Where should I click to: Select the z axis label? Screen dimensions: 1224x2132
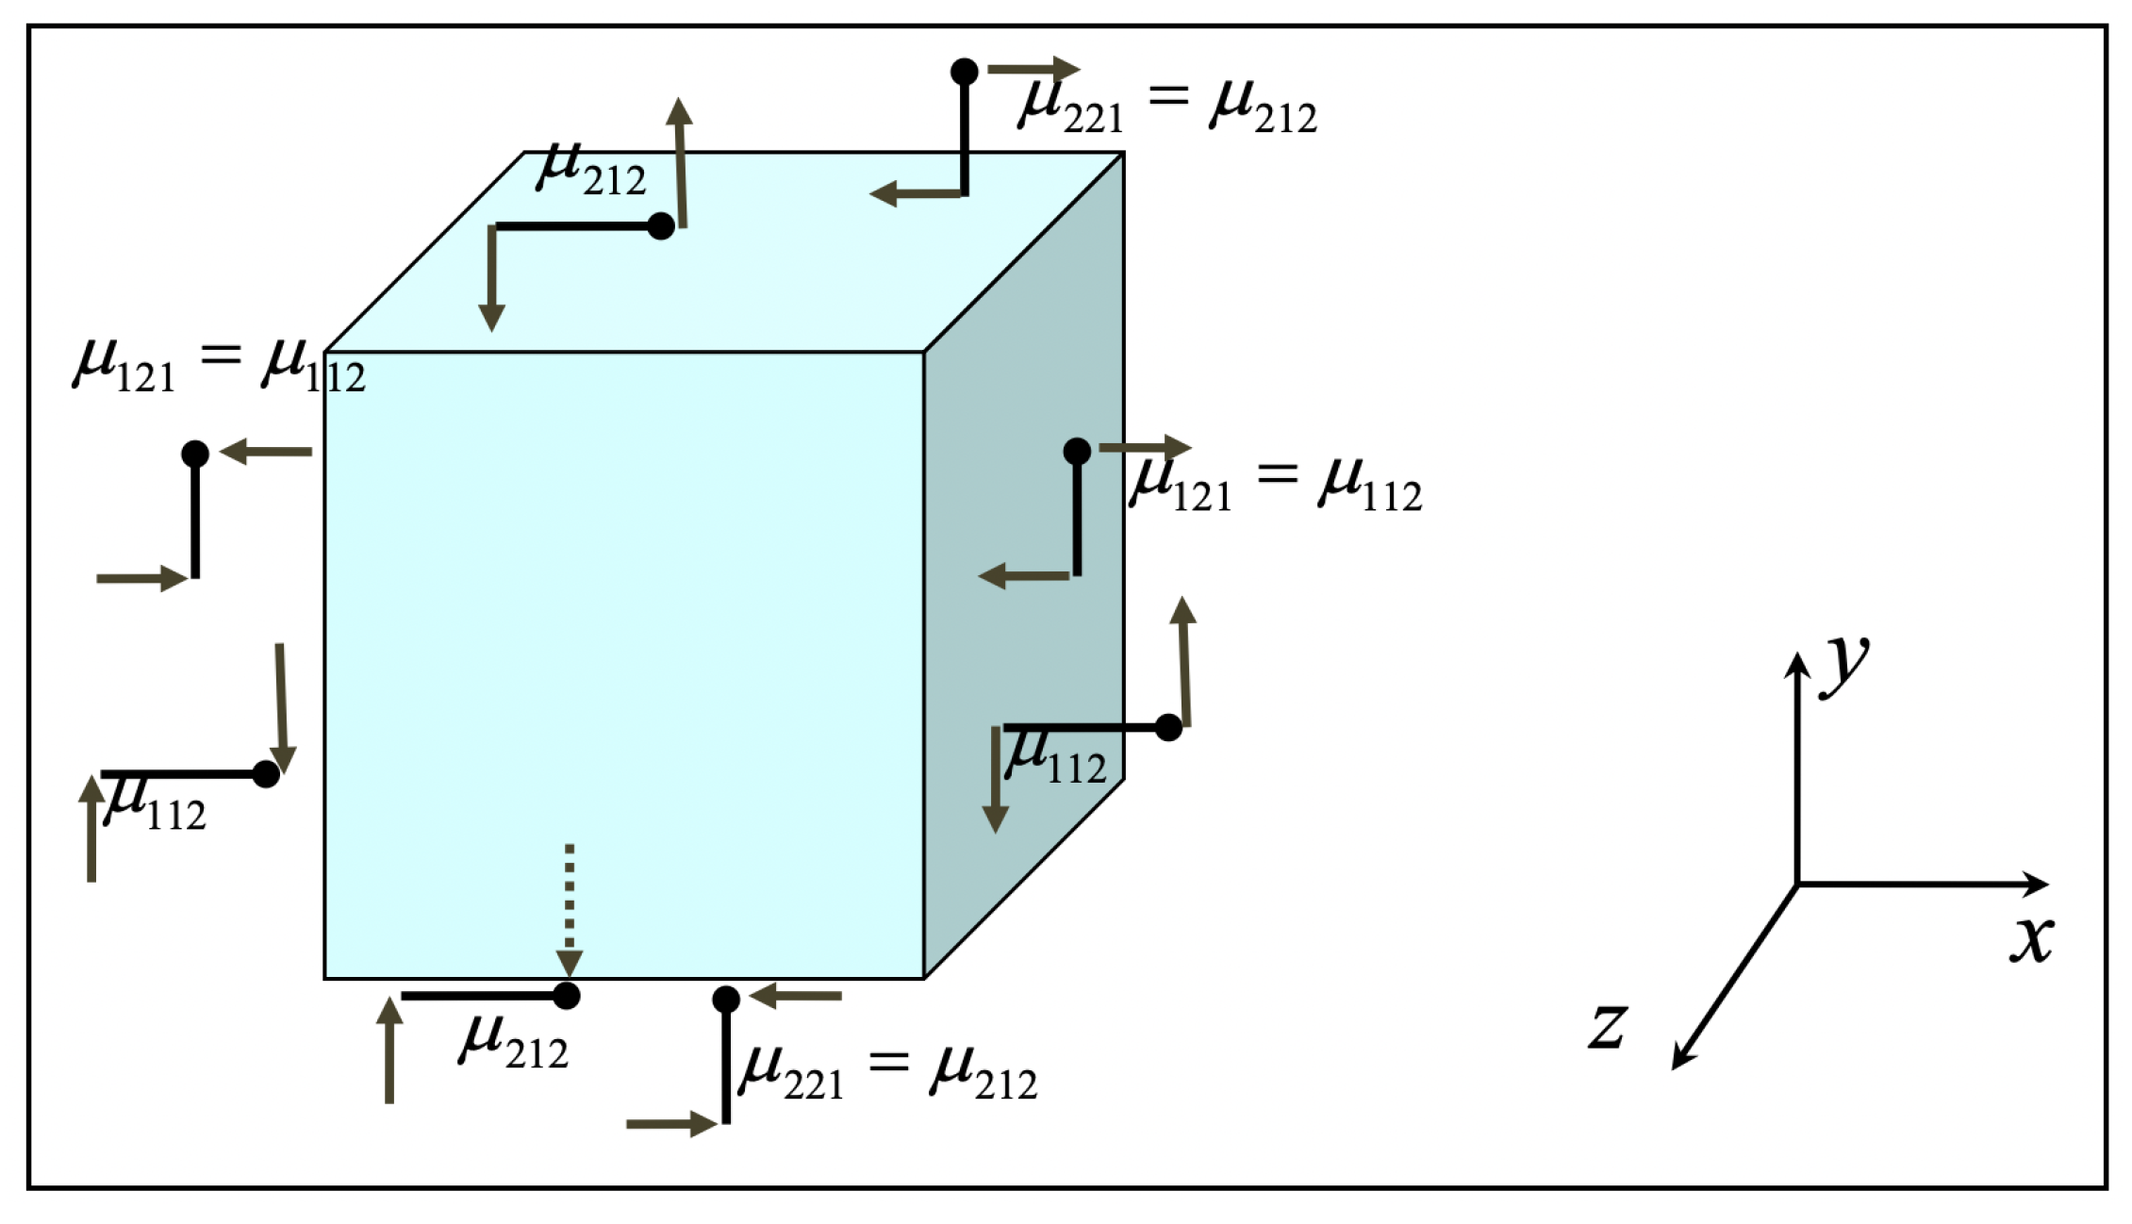[x=1607, y=1026]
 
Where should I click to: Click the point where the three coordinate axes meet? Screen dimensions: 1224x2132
[x=1797, y=885]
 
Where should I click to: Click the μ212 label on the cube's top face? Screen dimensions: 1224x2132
[x=591, y=170]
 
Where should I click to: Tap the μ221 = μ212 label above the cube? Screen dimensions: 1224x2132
[x=1167, y=106]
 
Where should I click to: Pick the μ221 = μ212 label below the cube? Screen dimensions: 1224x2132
[x=887, y=1073]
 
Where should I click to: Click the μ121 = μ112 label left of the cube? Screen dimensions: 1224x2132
[x=219, y=366]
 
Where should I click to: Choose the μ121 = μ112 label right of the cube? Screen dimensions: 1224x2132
[x=1275, y=486]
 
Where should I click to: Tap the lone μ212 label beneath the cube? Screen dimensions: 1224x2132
[x=514, y=1042]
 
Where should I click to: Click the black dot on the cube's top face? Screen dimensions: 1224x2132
[x=661, y=226]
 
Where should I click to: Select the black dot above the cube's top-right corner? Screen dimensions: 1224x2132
[x=964, y=71]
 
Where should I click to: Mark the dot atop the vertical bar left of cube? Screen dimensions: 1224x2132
[x=195, y=454]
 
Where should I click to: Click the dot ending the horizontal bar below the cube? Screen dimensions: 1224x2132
[x=566, y=996]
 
